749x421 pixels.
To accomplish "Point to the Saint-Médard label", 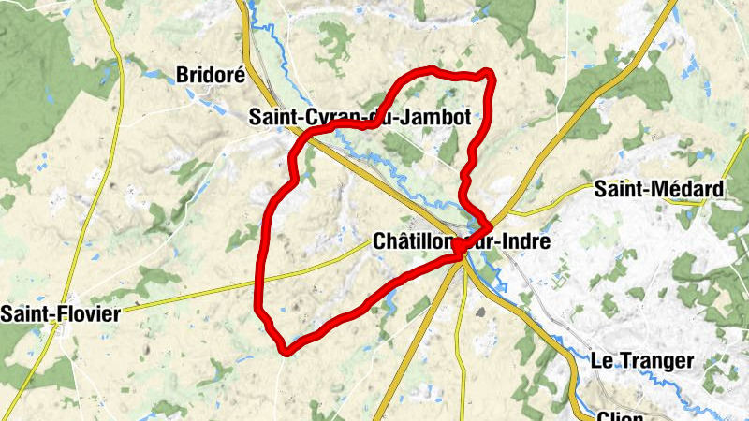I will coord(660,189).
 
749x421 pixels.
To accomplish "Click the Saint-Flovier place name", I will coord(60,313).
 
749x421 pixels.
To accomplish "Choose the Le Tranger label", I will coord(641,360).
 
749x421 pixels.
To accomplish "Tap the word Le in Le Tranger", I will coord(601,360).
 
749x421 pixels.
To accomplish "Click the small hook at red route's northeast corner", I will coord(486,72).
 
